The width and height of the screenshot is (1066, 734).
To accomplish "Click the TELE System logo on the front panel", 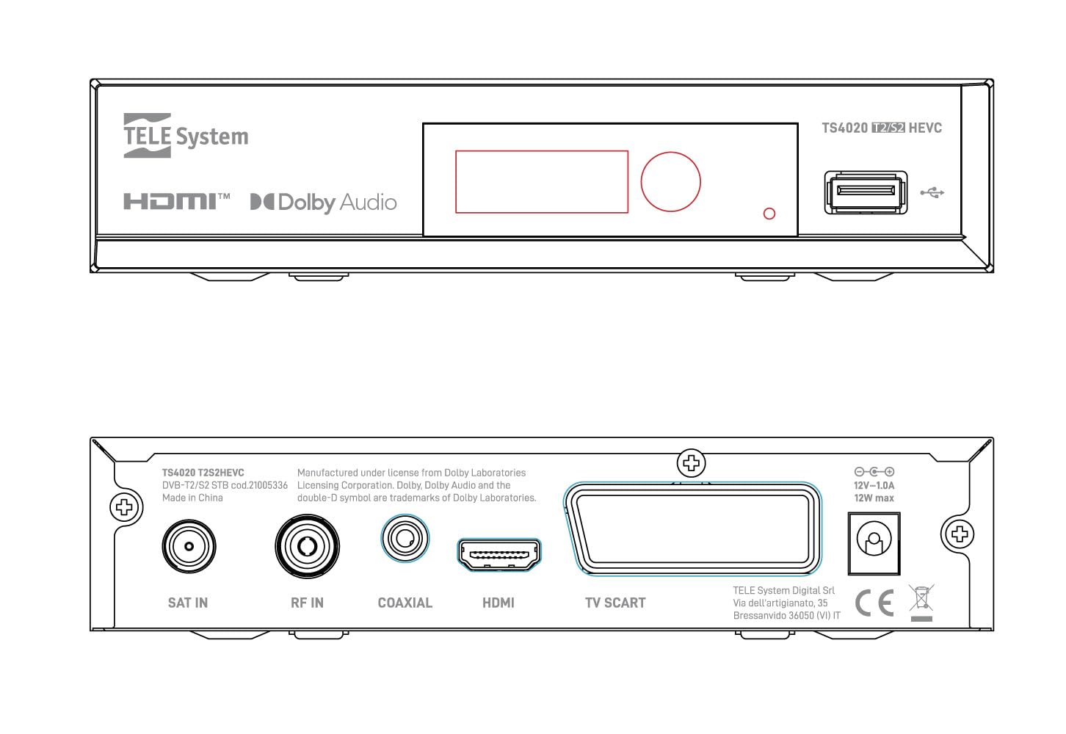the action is (186, 136).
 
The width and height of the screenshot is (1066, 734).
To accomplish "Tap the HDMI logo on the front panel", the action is (176, 201).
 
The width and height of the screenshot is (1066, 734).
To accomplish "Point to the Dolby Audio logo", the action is (323, 203).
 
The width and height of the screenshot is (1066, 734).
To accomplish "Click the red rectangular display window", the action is (542, 182).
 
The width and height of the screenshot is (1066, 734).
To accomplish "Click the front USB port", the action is (866, 192).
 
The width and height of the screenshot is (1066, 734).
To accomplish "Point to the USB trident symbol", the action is (932, 192).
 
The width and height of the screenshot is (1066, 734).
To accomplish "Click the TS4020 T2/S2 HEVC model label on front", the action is (882, 128).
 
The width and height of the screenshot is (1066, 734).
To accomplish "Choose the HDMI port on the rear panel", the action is (498, 555).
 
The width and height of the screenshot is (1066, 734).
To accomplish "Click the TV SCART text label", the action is (615, 603).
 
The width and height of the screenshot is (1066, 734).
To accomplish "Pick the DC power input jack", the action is (874, 544).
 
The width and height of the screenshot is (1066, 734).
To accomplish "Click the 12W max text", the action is (874, 498).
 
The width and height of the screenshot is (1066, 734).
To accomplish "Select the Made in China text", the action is (192, 498).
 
